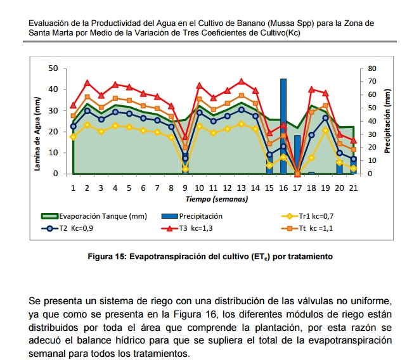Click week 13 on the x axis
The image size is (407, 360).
(x=241, y=188)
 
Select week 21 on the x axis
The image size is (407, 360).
(x=353, y=188)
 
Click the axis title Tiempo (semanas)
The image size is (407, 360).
(x=212, y=199)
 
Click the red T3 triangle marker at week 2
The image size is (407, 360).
(x=87, y=83)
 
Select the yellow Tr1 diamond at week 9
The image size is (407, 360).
(x=185, y=169)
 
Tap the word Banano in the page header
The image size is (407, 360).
(x=250, y=23)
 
